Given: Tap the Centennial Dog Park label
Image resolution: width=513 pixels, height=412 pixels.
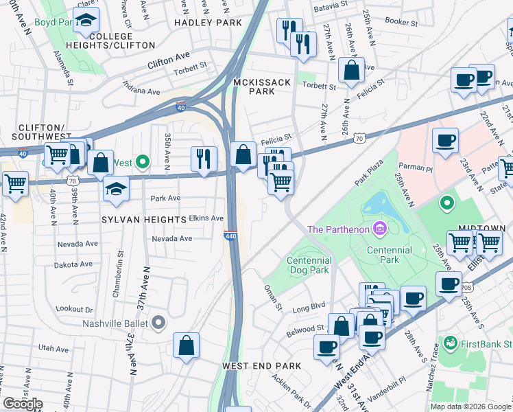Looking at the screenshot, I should click(x=309, y=265).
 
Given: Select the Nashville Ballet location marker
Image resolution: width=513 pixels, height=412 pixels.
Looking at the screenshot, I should click(x=158, y=322).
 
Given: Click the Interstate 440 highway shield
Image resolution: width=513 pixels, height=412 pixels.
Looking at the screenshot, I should click(x=230, y=235).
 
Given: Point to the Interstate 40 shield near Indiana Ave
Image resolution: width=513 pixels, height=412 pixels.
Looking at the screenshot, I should click(x=180, y=107).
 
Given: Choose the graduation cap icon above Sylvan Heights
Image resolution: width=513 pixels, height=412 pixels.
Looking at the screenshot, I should click(x=116, y=188).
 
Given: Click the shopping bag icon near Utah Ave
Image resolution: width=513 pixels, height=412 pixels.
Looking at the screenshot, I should click(x=187, y=346).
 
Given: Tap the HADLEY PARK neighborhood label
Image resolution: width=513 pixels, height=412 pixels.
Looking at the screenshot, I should click(x=208, y=23).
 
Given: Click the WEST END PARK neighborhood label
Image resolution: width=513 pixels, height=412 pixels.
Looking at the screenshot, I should click(x=261, y=366).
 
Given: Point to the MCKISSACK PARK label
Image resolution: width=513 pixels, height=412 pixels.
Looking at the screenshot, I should click(x=262, y=87).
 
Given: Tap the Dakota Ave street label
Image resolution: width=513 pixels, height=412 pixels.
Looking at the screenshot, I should click(x=74, y=264).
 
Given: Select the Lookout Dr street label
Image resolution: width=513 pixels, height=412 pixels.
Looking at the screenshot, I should click(x=74, y=309).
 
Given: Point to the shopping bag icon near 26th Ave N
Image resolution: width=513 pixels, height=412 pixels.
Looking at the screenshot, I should click(x=351, y=71).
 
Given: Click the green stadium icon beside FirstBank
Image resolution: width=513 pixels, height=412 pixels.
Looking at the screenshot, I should click(x=451, y=342).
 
